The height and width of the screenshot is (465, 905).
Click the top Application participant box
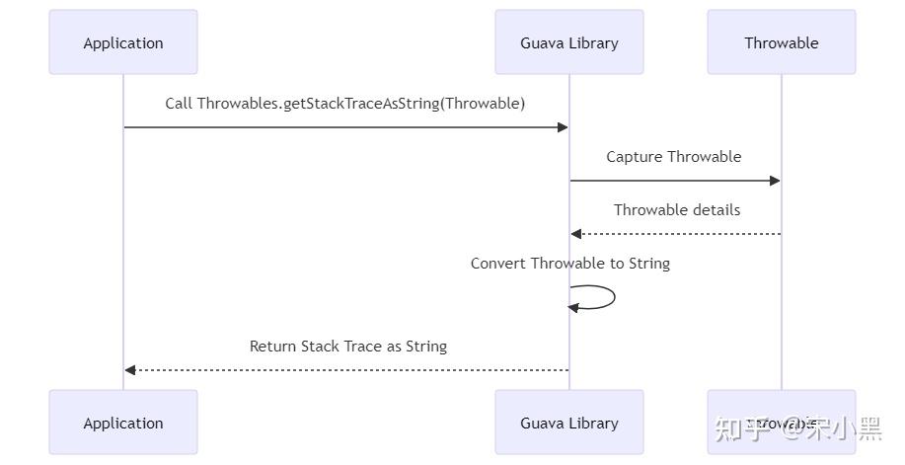coord(123,42)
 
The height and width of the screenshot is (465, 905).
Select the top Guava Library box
coord(569,42)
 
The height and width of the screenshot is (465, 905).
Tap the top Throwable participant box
coord(781,42)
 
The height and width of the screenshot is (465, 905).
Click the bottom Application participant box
coord(123,423)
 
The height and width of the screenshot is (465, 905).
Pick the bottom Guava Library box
coord(569,423)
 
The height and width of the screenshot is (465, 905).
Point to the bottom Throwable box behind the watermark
coord(781,423)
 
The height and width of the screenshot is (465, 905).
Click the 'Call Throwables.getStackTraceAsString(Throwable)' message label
coord(345,103)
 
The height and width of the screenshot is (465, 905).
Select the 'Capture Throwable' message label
coord(674,156)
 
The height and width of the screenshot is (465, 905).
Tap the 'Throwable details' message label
coord(677,209)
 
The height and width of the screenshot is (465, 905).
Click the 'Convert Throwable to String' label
coord(570,263)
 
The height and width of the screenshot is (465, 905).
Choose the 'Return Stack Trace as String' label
coord(348,346)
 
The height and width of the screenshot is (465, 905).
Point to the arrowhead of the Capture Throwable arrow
coord(775,181)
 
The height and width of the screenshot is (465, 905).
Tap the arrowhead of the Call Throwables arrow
coord(563,127)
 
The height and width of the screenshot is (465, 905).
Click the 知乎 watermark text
coord(738,428)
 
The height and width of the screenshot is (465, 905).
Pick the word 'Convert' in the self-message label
coord(498,263)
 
